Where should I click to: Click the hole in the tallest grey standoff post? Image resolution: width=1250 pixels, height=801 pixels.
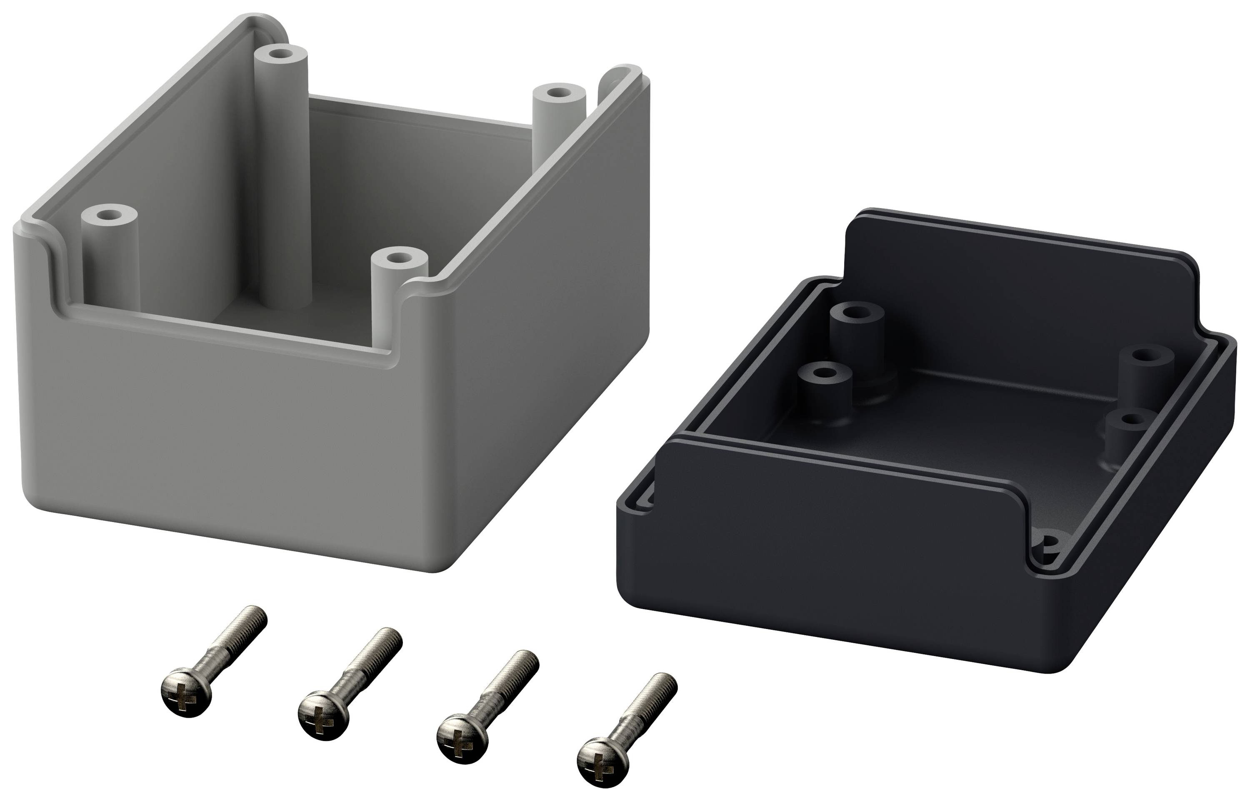281,54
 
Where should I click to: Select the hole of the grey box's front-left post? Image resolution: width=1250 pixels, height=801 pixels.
108,214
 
